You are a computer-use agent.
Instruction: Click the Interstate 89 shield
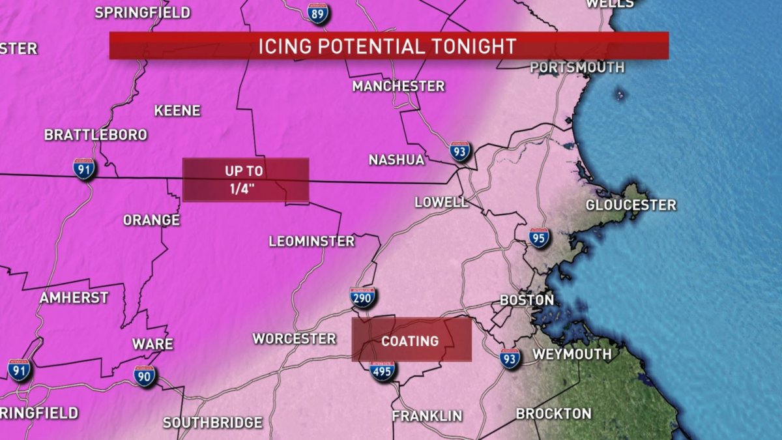point(318,12)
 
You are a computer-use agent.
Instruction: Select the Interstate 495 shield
point(382,370)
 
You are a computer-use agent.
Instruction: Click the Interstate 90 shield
point(145,375)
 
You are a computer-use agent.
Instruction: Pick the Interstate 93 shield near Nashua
point(460,152)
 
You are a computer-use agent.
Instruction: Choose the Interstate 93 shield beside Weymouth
point(510,358)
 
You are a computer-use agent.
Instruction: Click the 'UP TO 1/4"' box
point(245,180)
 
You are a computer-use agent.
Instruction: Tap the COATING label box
point(411,340)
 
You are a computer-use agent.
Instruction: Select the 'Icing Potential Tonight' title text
point(388,46)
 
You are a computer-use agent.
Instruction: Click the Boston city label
point(527,301)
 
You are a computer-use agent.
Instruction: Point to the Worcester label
point(295,338)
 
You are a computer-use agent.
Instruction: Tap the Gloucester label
point(631,205)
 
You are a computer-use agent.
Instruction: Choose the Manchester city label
point(398,86)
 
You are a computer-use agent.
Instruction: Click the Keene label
point(177,111)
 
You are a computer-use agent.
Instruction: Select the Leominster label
point(311,241)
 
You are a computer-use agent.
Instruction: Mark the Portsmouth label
point(577,67)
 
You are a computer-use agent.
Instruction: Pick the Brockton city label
point(553,413)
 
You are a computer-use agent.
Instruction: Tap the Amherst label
point(74,297)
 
